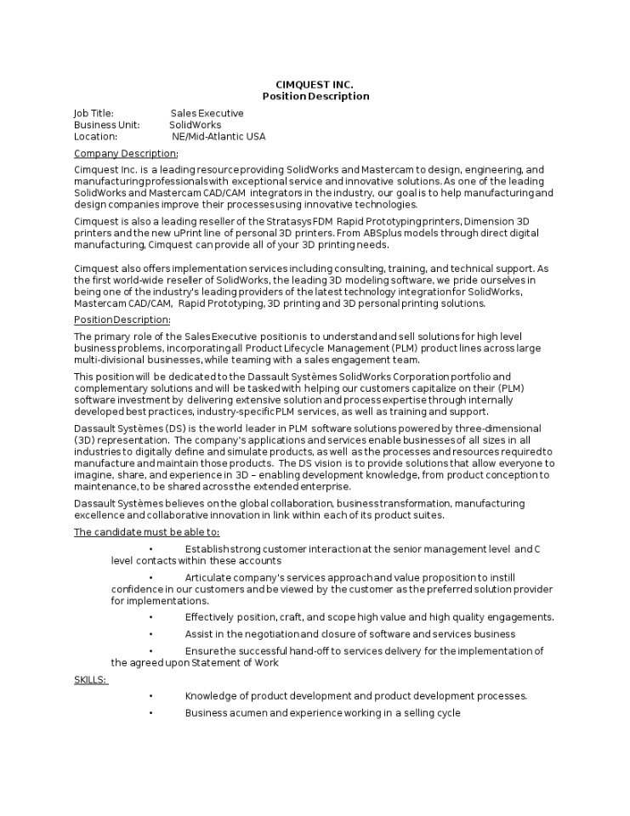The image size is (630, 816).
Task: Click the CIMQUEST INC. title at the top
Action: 315,84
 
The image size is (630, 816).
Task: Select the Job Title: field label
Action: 94,113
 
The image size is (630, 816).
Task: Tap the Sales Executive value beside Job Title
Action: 207,113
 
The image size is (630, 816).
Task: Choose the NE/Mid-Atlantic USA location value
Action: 219,137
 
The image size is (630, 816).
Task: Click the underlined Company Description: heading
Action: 126,154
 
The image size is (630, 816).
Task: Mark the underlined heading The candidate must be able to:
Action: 146,532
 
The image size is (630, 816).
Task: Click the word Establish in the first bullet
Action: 207,549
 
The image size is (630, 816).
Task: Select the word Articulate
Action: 209,578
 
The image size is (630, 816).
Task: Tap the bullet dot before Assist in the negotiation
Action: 150,634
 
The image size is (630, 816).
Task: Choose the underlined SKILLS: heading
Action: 91,680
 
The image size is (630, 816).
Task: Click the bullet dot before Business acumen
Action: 150,713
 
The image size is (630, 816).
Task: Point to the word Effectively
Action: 211,617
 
